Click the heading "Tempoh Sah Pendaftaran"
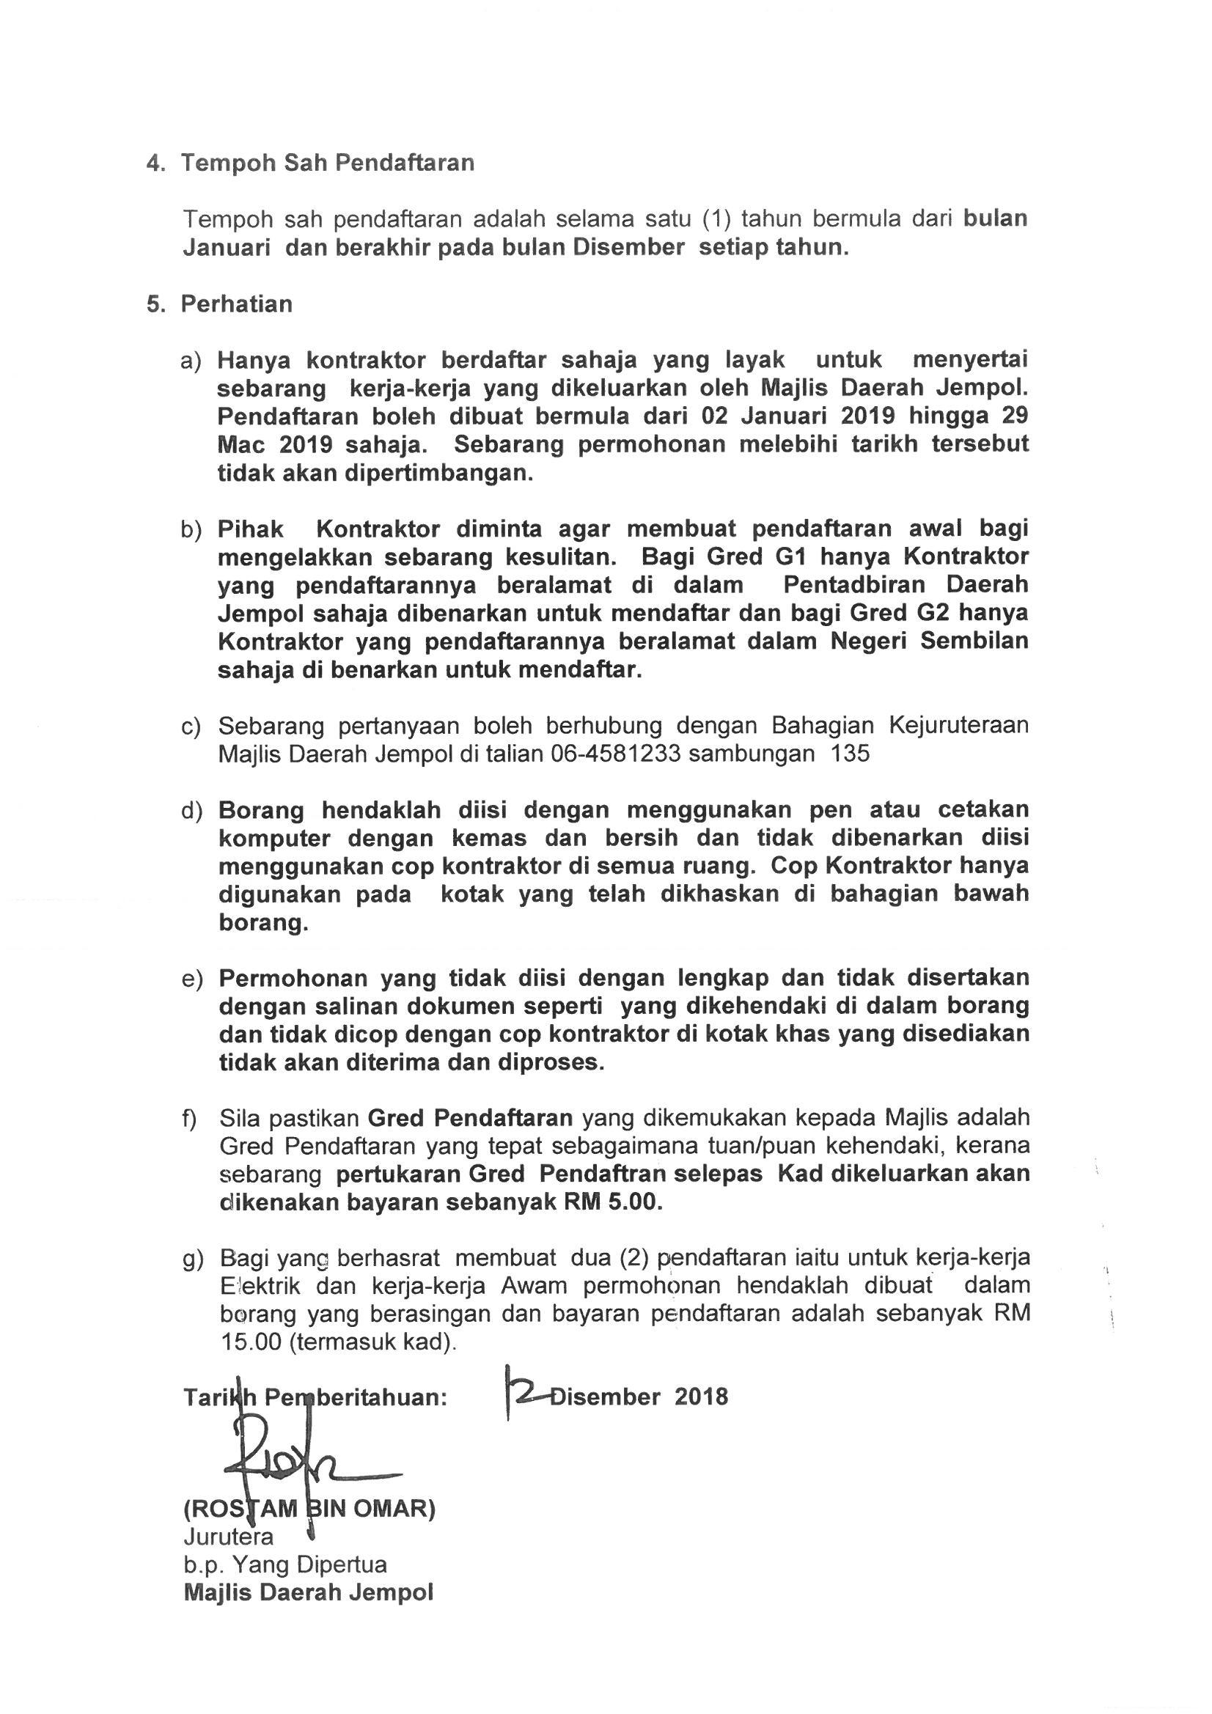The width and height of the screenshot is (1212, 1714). (327, 163)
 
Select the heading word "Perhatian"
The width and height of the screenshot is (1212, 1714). (236, 304)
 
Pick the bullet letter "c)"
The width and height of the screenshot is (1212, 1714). (191, 726)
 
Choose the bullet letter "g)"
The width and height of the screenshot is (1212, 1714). (193, 1259)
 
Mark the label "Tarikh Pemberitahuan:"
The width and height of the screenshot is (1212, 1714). (315, 1397)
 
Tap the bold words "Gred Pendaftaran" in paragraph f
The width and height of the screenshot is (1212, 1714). (471, 1118)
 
